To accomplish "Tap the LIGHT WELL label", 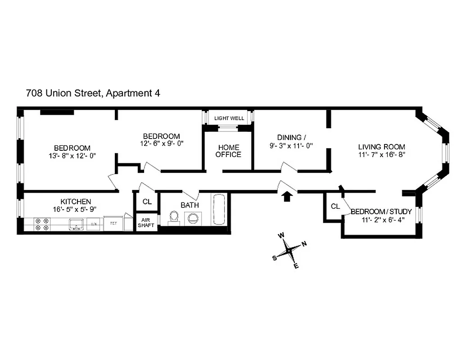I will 229,118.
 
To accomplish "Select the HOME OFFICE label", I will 228,151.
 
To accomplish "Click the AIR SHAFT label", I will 146,223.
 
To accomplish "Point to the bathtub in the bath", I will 220,210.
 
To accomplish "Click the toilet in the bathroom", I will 173,218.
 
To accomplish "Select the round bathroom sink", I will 193,218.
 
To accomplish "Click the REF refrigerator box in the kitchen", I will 113,223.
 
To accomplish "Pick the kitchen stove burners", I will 42,224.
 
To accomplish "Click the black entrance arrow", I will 287,196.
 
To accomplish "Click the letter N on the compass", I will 304,244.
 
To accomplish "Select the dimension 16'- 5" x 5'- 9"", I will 76,209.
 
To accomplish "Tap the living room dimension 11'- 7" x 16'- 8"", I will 382,154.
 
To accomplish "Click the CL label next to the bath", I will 147,202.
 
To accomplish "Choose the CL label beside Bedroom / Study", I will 335,207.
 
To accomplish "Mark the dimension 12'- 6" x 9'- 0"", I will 162,144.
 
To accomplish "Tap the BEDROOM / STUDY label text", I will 381,211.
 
